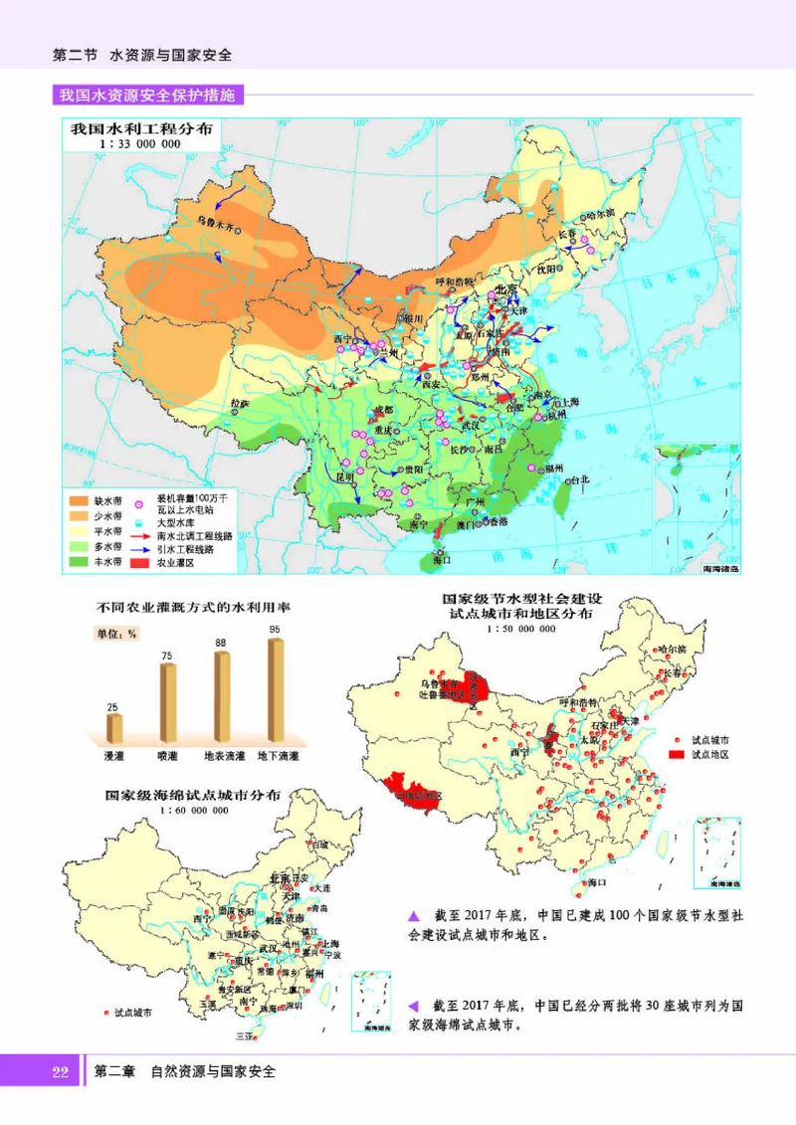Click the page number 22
point(59,1071)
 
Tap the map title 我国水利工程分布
point(140,129)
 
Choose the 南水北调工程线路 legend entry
point(194,534)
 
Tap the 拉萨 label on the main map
point(239,404)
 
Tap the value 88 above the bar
point(222,643)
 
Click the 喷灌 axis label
point(167,756)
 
